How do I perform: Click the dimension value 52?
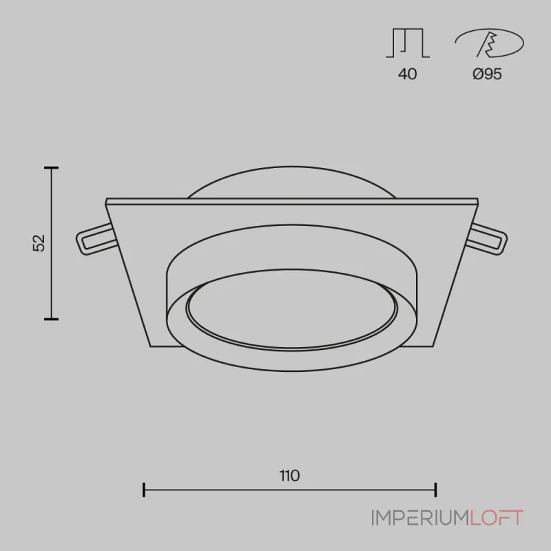[x=39, y=242]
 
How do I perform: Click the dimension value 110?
[x=289, y=475]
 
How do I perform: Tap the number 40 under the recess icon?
[x=407, y=74]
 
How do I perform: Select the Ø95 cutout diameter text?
[x=487, y=74]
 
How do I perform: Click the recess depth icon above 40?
[x=408, y=43]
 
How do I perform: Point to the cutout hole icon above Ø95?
[x=489, y=43]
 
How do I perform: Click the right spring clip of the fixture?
[x=489, y=240]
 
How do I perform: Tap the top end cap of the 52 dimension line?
[x=51, y=168]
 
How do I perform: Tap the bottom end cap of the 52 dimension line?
[x=51, y=319]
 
